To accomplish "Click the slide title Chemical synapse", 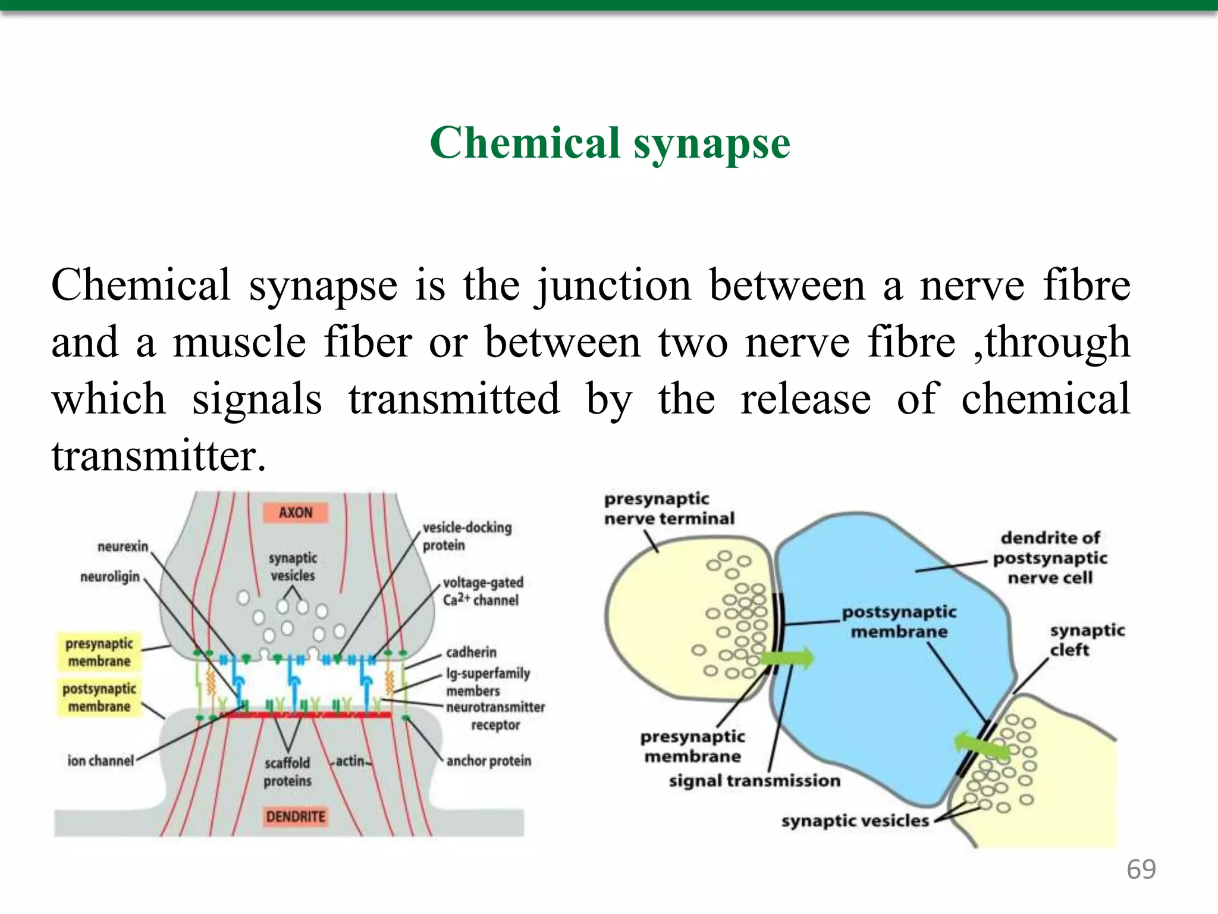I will (610, 143).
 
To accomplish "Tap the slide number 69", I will (1141, 869).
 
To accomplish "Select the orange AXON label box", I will (295, 512).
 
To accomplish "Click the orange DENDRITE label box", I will (295, 816).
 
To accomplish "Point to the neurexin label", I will (123, 546).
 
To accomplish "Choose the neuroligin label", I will (110, 577).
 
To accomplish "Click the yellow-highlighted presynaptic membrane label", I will (99, 652).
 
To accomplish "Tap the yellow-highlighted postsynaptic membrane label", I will (99, 697).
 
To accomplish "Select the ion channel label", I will (101, 760).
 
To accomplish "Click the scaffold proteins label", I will (287, 771).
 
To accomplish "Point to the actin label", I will (350, 760).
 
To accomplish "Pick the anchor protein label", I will (488, 760).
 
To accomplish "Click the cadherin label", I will (471, 652).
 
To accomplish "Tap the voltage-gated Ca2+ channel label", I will (482, 591).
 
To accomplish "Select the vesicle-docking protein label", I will (466, 536).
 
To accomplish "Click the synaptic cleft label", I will (1086, 640).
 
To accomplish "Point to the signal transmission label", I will (754, 780).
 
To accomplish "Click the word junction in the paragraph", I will (613, 286).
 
